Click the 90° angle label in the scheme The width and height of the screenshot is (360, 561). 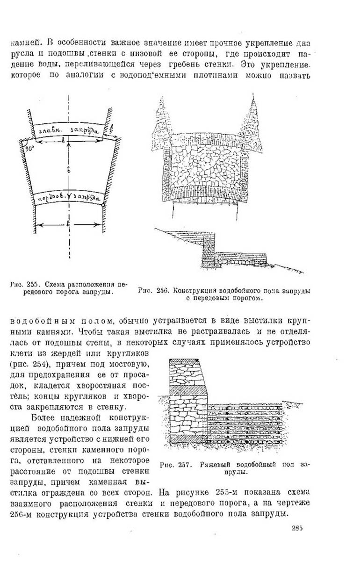(x=30, y=149)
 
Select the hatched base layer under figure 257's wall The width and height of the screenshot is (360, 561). (x=185, y=439)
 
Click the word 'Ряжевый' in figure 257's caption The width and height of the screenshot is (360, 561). (x=213, y=465)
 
